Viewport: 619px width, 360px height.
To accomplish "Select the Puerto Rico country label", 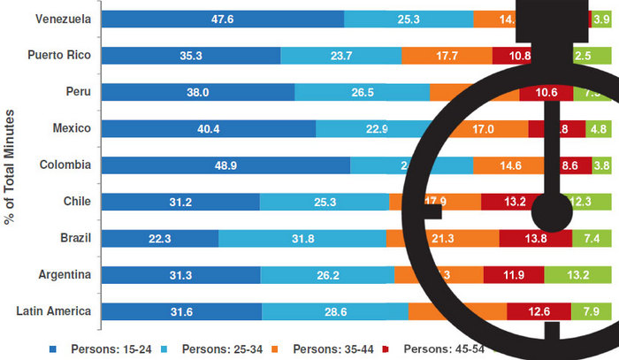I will [60, 55].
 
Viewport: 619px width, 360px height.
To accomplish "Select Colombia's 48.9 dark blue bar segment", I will [226, 165].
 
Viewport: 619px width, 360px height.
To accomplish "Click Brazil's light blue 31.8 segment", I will [302, 239].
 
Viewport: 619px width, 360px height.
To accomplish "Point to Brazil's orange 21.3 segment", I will [442, 239].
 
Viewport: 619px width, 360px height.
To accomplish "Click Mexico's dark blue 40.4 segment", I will [209, 128].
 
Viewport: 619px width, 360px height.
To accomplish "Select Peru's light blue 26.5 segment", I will [362, 92].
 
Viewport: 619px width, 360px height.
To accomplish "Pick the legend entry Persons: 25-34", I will [211, 348].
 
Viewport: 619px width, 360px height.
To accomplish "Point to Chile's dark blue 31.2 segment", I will [181, 202].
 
